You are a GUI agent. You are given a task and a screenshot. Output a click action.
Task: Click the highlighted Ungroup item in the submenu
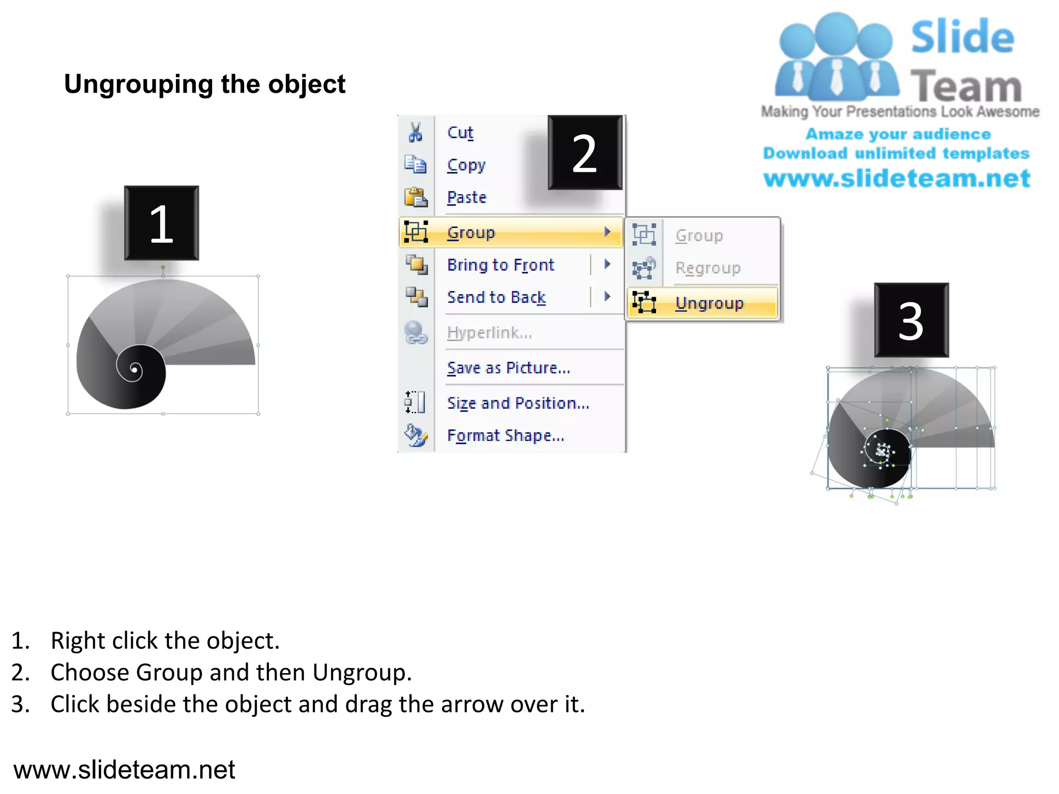click(x=709, y=303)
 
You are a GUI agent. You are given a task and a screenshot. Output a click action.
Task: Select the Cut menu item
click(x=460, y=133)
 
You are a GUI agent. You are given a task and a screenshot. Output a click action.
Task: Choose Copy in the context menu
click(x=466, y=165)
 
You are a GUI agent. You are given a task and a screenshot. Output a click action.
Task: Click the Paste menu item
click(x=467, y=197)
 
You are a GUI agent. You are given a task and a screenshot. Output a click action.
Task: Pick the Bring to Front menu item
click(x=501, y=265)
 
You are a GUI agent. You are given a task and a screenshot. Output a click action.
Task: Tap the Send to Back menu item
click(x=496, y=297)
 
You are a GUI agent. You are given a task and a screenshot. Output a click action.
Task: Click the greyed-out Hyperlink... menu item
click(x=489, y=333)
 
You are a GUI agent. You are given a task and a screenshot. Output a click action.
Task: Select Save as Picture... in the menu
click(x=508, y=368)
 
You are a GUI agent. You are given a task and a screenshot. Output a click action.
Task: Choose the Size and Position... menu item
click(x=518, y=403)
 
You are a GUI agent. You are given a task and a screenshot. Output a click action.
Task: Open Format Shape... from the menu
click(x=505, y=436)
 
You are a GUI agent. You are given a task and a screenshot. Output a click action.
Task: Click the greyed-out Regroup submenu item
click(x=708, y=268)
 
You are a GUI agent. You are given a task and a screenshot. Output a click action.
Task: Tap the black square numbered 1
click(x=161, y=223)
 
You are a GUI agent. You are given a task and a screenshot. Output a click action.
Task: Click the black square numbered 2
click(x=585, y=153)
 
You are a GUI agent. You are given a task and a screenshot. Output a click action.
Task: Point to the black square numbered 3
click(x=911, y=320)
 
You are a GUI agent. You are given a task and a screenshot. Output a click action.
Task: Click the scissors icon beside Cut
click(x=415, y=132)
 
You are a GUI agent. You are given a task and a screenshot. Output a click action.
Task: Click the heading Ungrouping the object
click(x=205, y=84)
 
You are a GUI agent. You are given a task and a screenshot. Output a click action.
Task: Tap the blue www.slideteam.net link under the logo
click(x=897, y=178)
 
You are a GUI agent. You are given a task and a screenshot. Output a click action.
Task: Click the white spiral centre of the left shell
click(x=135, y=369)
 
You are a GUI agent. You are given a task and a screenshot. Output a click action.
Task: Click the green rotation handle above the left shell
click(x=163, y=267)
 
